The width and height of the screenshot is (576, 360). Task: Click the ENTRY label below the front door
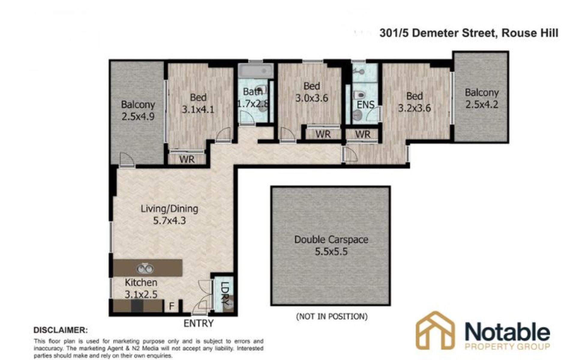(x=198, y=323)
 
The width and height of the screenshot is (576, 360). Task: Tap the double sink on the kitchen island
(x=145, y=268)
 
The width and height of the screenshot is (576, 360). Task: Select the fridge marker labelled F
(x=172, y=306)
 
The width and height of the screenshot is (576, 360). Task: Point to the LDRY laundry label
(x=225, y=293)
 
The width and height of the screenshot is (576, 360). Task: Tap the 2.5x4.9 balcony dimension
(x=138, y=116)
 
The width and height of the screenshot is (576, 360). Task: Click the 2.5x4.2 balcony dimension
(x=482, y=104)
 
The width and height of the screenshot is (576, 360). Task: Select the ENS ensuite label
(x=366, y=105)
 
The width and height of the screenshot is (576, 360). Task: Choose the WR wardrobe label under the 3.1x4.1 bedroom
(x=187, y=159)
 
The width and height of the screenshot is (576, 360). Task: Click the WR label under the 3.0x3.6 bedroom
(x=323, y=134)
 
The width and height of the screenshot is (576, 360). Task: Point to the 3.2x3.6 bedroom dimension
(x=415, y=108)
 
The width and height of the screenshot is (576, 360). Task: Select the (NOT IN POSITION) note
(x=331, y=316)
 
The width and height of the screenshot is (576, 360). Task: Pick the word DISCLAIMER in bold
(x=61, y=330)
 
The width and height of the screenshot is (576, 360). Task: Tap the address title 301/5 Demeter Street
(x=437, y=33)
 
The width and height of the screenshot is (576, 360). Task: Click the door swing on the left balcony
(x=127, y=159)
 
